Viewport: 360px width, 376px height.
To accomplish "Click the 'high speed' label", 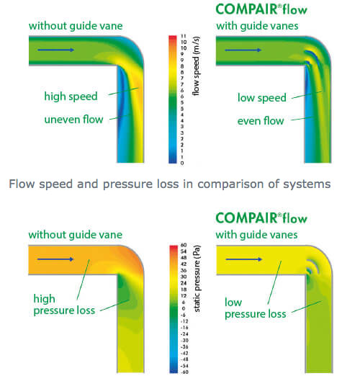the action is [71, 97].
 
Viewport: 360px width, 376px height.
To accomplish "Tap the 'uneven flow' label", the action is [73, 120].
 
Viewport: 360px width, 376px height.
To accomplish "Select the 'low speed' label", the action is [262, 98].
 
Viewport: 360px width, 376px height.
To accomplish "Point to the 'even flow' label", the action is [261, 121].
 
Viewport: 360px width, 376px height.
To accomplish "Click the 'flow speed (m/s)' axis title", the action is [196, 66].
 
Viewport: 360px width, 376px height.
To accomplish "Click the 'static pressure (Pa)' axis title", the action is [197, 279].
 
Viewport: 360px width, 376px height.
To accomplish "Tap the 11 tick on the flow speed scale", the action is [184, 36].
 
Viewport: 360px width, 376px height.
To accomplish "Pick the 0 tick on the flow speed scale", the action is [182, 163].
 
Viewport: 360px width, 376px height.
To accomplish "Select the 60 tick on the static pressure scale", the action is [184, 245].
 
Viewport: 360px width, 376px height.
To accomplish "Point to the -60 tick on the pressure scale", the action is [184, 372].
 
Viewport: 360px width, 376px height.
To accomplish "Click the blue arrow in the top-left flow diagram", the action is [55, 50].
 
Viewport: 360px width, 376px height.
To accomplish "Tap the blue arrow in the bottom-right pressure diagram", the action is [243, 259].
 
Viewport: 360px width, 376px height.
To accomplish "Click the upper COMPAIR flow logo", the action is [261, 9].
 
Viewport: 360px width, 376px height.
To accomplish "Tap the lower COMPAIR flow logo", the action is [261, 218].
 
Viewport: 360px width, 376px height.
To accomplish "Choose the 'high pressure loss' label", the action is [64, 305].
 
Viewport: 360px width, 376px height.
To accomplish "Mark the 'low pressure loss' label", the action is [256, 308].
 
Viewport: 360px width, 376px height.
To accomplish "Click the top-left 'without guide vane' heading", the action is [76, 26].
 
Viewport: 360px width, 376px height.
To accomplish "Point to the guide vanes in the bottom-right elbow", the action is [312, 267].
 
